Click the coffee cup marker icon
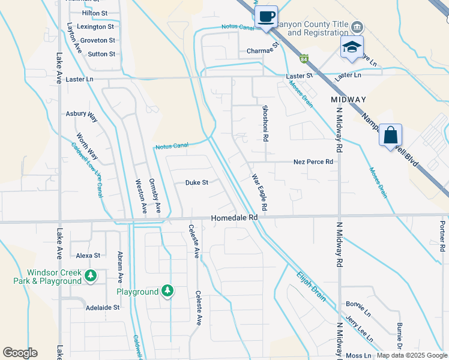click(266, 16)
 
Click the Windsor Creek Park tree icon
click(91, 276)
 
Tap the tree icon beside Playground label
click(167, 292)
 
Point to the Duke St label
click(196, 182)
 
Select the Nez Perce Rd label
click(313, 161)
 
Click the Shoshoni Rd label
click(265, 124)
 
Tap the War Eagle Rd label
click(259, 188)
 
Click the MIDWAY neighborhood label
click(348, 98)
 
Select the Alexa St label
click(88, 255)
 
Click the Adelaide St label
click(103, 307)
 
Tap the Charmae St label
click(264, 50)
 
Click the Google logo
click(20, 353)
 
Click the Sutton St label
click(101, 54)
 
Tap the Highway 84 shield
click(304, 59)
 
